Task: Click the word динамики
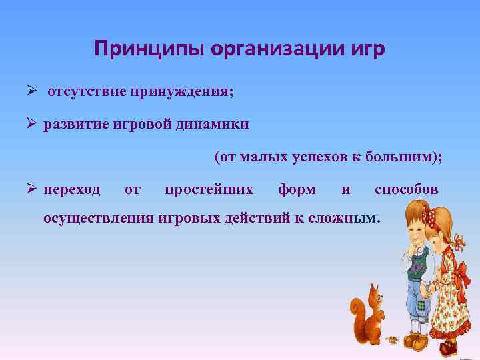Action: point(216,125)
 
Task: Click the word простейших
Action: point(209,190)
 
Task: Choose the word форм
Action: point(297,190)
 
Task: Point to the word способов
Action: point(406,190)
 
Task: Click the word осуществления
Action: point(98,218)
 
